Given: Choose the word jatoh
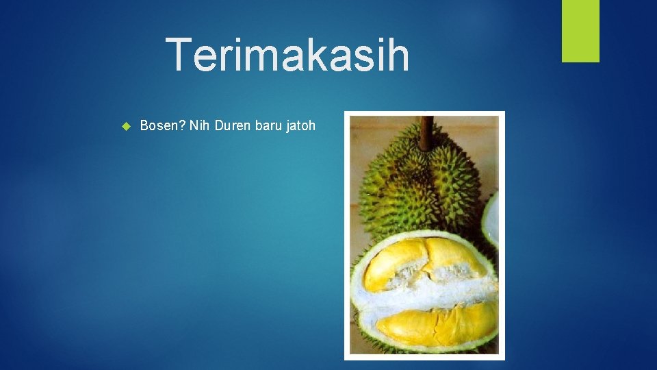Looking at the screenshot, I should (x=300, y=125).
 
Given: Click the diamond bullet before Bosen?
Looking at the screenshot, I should (x=125, y=126).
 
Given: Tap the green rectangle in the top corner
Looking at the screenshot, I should (x=580, y=31).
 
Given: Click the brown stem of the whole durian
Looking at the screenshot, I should (x=426, y=132).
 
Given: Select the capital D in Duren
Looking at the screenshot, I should (x=218, y=125).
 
